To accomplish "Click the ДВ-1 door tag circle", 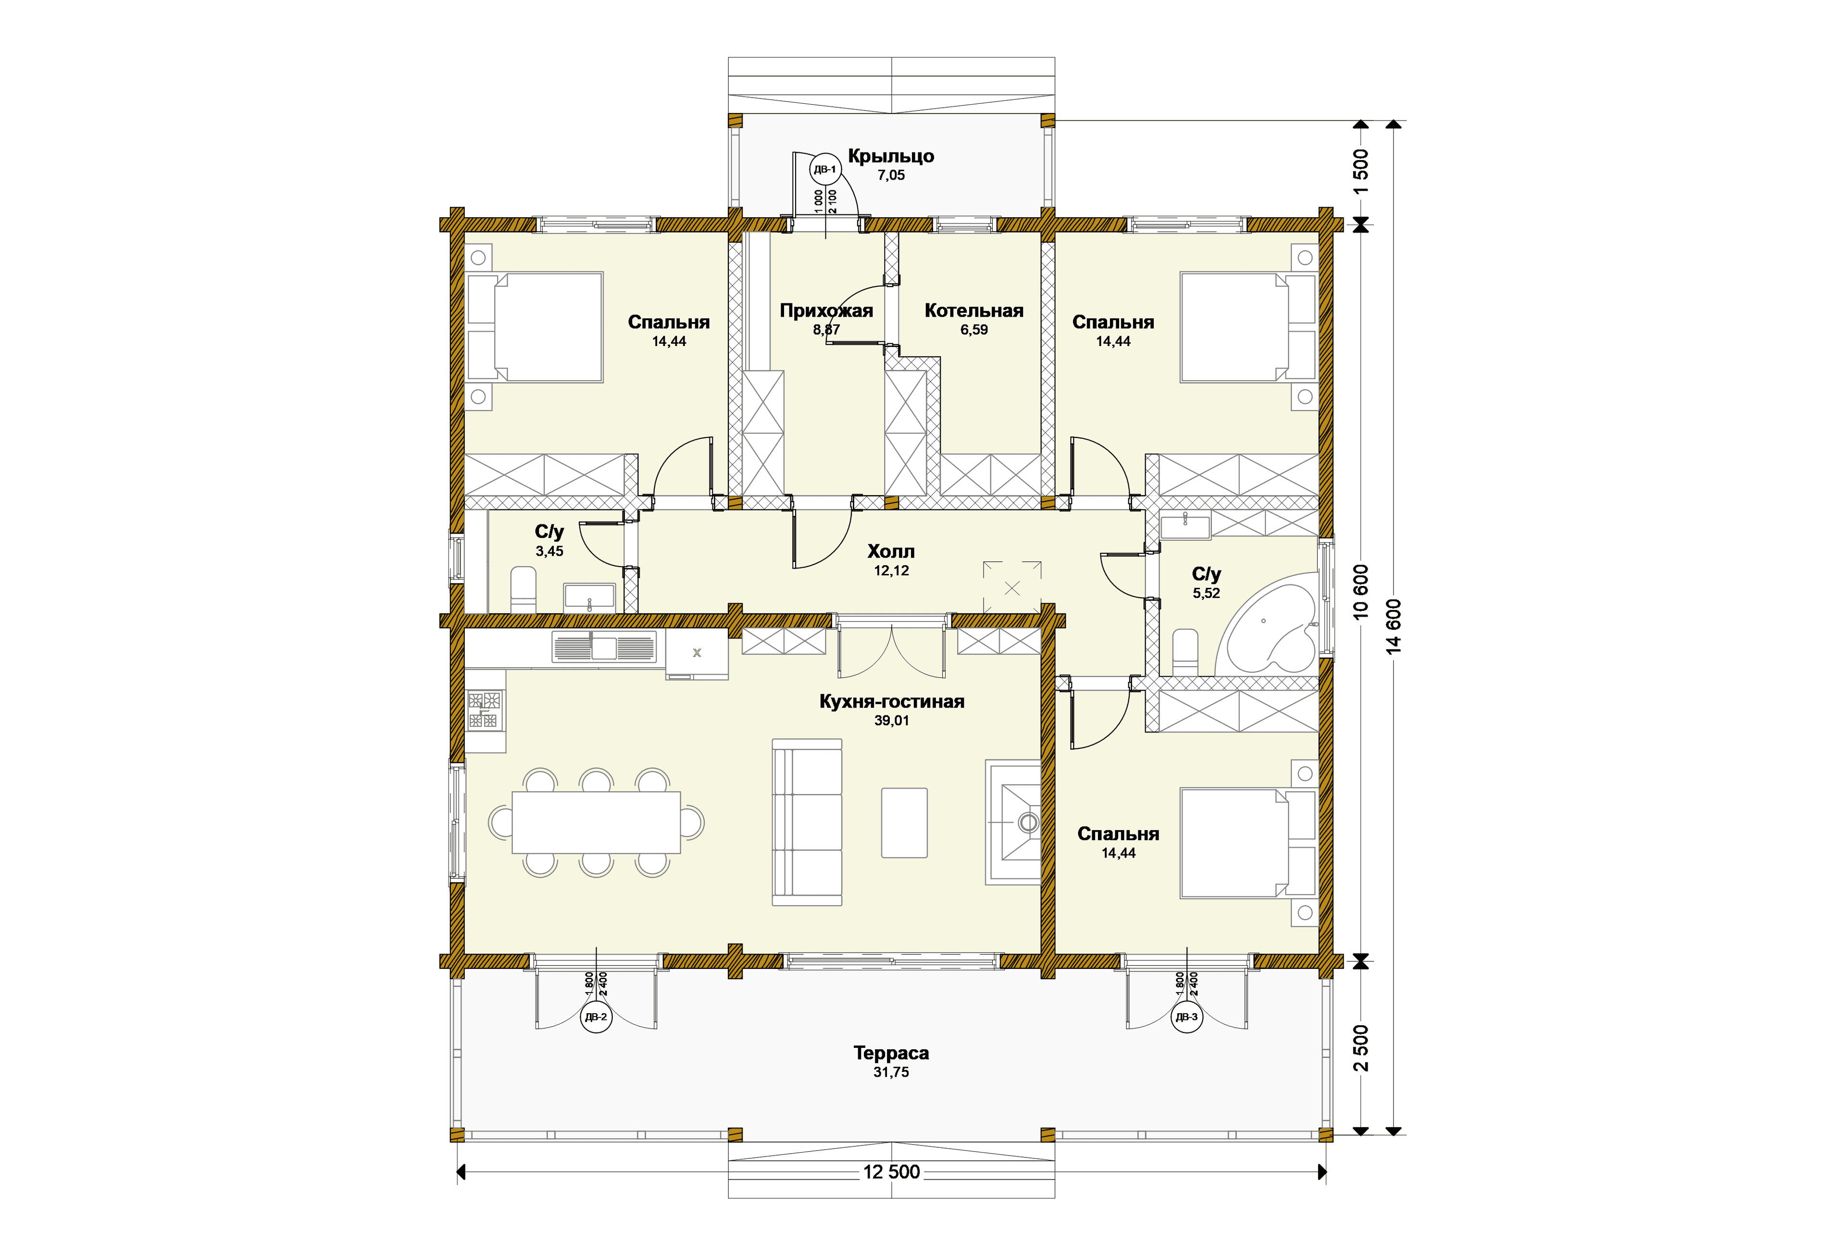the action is [x=824, y=169].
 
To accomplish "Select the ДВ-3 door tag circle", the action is [x=1187, y=1017].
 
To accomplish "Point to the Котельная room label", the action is [x=974, y=311].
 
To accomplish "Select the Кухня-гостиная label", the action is [x=891, y=701].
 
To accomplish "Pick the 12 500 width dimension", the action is [x=891, y=1171].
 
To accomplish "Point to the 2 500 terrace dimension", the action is [x=1360, y=1048].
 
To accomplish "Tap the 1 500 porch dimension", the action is [x=1360, y=172].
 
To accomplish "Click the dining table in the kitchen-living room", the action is [x=596, y=821].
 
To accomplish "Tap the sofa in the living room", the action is [x=807, y=822].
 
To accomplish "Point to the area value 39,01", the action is [x=891, y=721].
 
